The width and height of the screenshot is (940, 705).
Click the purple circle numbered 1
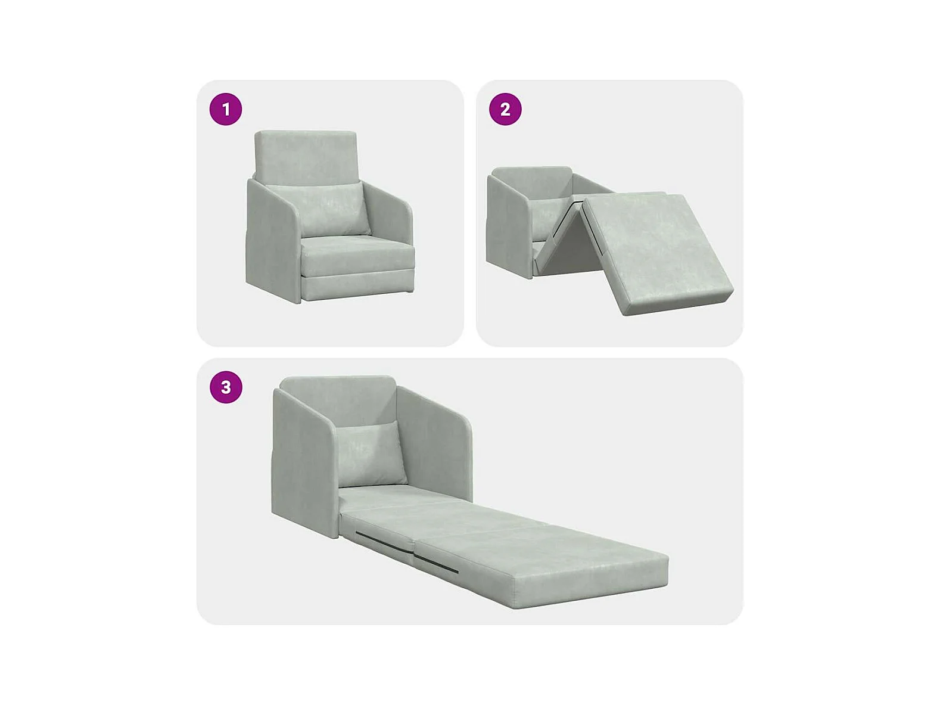coord(226,109)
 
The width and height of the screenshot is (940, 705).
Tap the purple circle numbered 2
coord(505,109)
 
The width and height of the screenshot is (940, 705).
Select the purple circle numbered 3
coord(226,387)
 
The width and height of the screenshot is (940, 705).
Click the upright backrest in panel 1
coord(306,156)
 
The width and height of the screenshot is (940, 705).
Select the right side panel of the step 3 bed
coord(435,445)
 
